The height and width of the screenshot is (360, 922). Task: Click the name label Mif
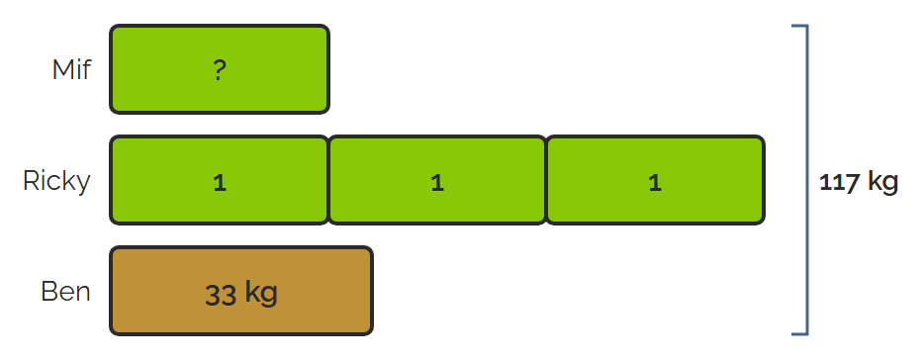[x=71, y=69]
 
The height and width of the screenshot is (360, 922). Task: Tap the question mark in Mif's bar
[x=220, y=70]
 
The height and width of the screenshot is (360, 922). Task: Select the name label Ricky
[x=56, y=180]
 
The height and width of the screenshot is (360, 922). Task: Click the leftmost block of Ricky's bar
[x=220, y=180]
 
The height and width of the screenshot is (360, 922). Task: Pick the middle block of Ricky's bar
[x=437, y=180]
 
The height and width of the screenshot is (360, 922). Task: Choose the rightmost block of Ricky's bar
[x=656, y=180]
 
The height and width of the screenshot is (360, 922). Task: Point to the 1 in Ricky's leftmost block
[x=220, y=183]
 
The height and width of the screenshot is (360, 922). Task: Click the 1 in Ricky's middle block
[x=437, y=183]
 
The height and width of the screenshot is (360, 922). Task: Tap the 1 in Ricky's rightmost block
[x=655, y=183]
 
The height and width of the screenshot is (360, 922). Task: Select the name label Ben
[x=66, y=291]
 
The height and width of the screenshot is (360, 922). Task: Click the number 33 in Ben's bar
[x=221, y=295]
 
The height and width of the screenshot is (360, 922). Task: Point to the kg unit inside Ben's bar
[x=260, y=294]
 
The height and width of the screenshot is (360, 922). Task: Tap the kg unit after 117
[x=883, y=183]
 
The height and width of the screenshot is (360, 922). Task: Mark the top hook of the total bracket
[x=799, y=26]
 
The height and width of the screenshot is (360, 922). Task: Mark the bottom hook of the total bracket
[x=799, y=334]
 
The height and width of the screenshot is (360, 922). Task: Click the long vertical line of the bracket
[x=807, y=180]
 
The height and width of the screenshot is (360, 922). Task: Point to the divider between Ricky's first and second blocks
[x=328, y=180]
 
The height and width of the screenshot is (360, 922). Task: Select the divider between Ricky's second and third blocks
[x=547, y=180]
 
